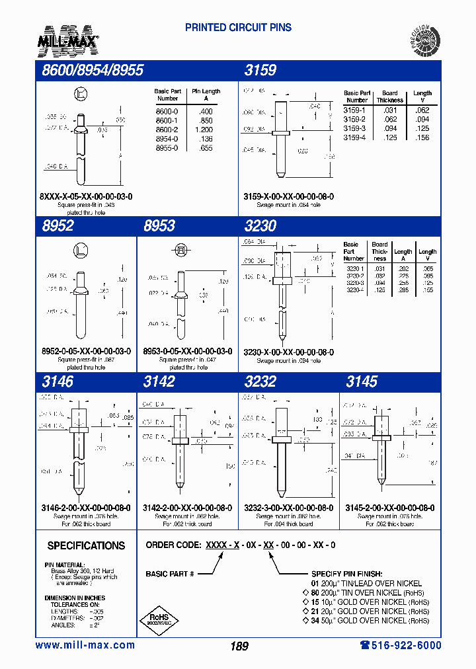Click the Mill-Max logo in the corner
[x=71, y=40]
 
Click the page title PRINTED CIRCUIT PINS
[x=238, y=28]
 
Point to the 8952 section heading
[x=58, y=225]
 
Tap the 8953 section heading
[x=159, y=225]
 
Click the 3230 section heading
[x=260, y=225]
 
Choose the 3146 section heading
[x=58, y=381]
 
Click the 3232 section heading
[x=260, y=381]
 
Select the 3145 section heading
[x=362, y=381]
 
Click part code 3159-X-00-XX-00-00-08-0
[x=288, y=196]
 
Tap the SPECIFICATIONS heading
[x=86, y=545]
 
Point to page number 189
[x=239, y=646]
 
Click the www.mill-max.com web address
[x=85, y=645]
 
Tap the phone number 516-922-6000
[x=401, y=645]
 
